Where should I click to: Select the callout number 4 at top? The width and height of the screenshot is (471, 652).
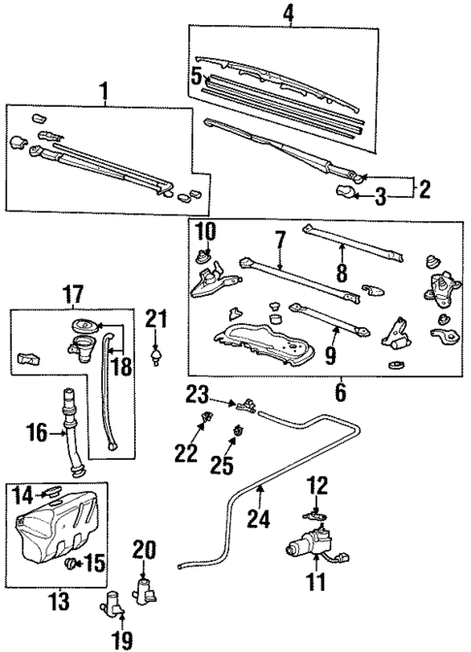286,14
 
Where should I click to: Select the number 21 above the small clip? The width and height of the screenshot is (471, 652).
156,318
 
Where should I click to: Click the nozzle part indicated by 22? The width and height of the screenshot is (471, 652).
204,420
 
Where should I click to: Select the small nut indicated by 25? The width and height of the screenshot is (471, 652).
237,431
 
